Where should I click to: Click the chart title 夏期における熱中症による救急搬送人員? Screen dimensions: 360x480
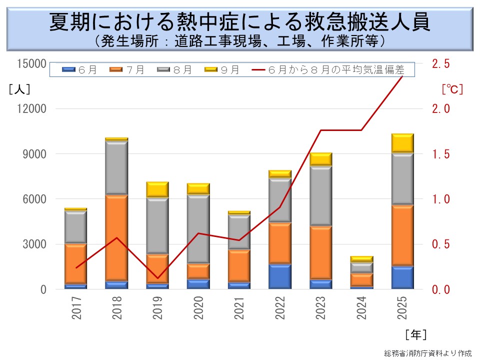[x=239, y=22]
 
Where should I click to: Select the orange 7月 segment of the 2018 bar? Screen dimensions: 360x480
[x=116, y=237]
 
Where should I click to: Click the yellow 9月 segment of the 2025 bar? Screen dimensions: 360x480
[x=402, y=143]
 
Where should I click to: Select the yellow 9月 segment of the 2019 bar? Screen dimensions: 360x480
[x=157, y=190]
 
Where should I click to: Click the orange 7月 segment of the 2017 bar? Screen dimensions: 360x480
[x=75, y=263]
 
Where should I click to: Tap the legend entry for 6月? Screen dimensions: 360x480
[x=80, y=70]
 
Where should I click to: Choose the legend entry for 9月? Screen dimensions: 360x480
[x=222, y=70]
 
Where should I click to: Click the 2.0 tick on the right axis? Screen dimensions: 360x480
[x=440, y=108]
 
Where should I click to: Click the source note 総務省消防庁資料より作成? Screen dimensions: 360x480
[x=427, y=353]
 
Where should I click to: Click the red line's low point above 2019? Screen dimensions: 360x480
[x=157, y=278]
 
